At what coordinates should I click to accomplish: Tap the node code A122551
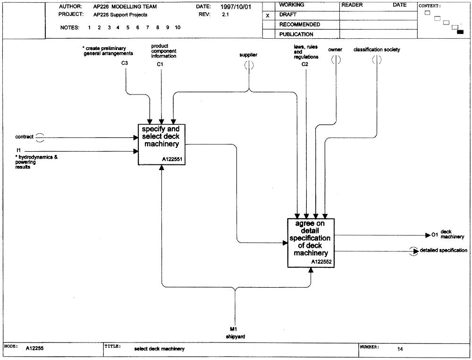[172, 159]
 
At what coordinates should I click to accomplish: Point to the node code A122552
[321, 262]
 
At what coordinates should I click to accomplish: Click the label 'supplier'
[248, 55]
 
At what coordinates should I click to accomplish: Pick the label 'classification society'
[377, 50]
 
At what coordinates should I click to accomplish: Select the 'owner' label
[335, 50]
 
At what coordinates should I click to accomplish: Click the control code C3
[125, 63]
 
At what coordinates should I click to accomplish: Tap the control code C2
[305, 64]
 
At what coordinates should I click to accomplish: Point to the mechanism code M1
[233, 329]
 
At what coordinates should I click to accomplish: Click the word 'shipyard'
[236, 336]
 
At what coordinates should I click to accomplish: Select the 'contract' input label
[25, 137]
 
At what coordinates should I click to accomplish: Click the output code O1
[435, 235]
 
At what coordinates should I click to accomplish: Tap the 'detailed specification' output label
[443, 250]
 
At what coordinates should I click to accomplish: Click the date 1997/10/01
[236, 7]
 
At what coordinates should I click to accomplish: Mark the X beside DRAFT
[268, 16]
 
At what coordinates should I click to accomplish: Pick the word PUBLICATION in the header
[296, 34]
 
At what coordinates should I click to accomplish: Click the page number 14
[400, 349]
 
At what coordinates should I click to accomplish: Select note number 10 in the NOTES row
[177, 27]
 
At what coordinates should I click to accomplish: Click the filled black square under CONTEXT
[460, 32]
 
